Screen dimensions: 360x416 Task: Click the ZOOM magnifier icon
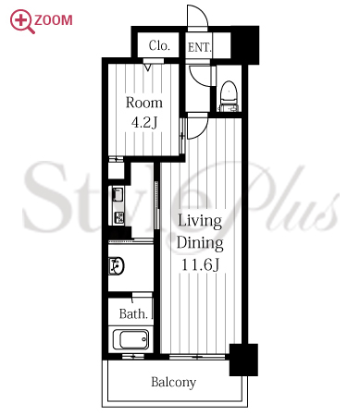[x=21, y=21]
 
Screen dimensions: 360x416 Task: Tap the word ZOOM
[x=54, y=20]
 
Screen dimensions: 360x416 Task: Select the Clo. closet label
[x=159, y=45]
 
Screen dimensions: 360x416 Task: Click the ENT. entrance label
[x=199, y=47]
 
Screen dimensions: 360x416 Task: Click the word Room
[x=144, y=103]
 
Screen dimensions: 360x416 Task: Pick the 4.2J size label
[x=144, y=122]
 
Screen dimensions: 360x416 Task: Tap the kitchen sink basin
[x=118, y=194]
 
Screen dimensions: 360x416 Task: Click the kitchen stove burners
[x=118, y=218]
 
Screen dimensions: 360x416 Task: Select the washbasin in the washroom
[x=117, y=265]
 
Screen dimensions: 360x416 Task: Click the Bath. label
[x=133, y=314]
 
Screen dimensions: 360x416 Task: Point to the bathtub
[x=130, y=339]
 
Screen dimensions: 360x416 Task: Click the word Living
[x=200, y=221]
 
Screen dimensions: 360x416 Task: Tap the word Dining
[x=200, y=243]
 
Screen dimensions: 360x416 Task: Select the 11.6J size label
[x=201, y=264]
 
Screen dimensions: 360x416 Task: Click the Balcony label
[x=174, y=383]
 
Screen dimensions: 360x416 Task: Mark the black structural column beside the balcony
[x=243, y=360]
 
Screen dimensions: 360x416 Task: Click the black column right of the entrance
[x=245, y=44]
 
